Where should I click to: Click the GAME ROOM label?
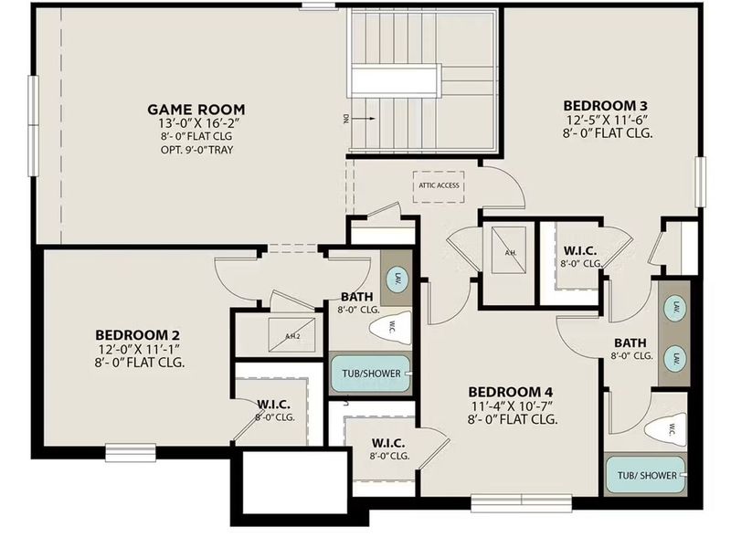[196, 110]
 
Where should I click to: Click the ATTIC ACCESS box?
[439, 185]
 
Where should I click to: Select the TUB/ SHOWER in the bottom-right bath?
[646, 475]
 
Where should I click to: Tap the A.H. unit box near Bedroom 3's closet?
[510, 258]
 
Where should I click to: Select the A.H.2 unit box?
[292, 335]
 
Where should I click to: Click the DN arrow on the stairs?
[364, 118]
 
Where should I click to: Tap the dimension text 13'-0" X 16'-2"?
[196, 123]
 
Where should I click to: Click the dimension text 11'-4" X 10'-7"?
[513, 405]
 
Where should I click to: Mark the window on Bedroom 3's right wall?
[700, 182]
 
